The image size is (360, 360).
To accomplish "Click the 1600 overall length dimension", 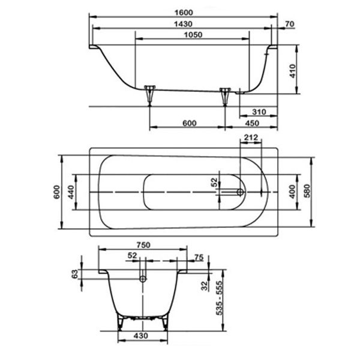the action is (184, 13).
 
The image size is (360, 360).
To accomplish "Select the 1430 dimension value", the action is (183, 24).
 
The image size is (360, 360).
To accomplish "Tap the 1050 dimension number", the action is (193, 35).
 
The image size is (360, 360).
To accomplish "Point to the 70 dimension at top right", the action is (290, 23).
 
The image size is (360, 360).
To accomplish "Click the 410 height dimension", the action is (292, 71).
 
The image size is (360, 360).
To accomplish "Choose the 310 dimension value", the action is (259, 112).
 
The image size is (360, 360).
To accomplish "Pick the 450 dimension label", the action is (252, 123).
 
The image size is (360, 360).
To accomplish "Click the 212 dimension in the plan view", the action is (251, 137).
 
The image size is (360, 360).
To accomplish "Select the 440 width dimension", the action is (71, 192).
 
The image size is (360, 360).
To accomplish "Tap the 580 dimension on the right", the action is (307, 191).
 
